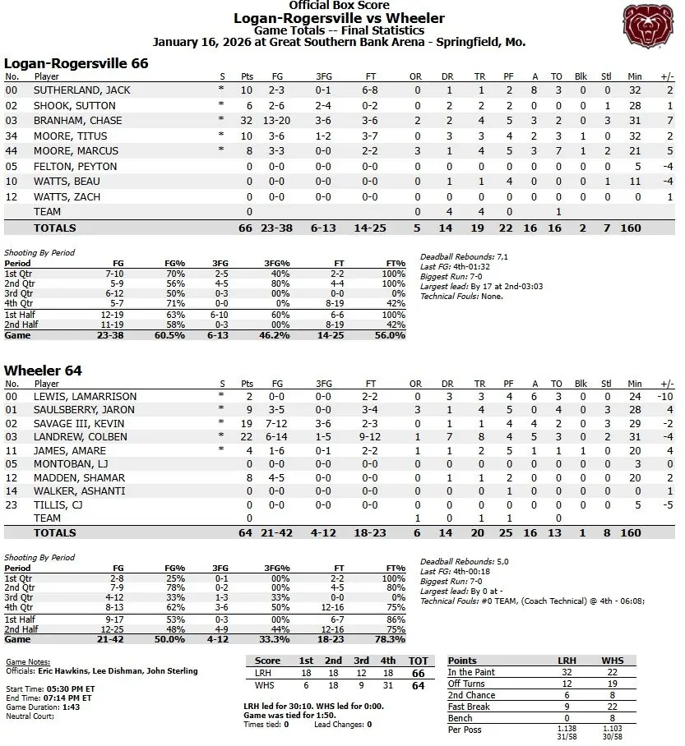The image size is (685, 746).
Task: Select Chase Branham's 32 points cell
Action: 246,121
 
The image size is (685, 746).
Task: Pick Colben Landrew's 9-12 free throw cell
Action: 372,437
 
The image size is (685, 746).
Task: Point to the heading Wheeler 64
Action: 43,371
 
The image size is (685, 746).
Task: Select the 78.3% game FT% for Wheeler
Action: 391,638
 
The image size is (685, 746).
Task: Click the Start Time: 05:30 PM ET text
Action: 49,688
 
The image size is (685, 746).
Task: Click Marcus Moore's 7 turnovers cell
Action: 557,151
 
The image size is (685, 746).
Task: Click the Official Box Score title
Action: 339,6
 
